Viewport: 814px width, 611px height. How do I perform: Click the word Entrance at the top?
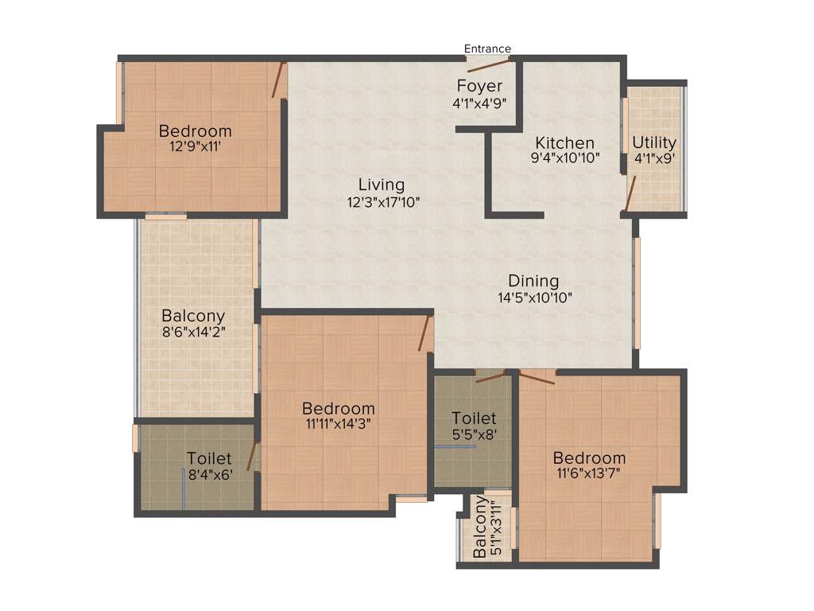(x=487, y=49)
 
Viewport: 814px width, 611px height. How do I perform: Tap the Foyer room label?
(x=479, y=86)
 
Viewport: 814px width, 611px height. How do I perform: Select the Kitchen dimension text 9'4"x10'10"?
(x=565, y=158)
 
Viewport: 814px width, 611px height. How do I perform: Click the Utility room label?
(x=654, y=142)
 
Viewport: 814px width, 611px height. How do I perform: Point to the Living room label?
(x=381, y=185)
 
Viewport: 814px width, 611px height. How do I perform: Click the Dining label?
(x=533, y=281)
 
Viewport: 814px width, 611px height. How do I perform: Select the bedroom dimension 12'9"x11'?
(x=195, y=146)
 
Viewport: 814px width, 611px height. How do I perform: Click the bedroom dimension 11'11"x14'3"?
(x=339, y=424)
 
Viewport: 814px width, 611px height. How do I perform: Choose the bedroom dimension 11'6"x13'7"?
(x=589, y=474)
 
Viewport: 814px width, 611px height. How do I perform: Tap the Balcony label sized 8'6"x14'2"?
(x=193, y=316)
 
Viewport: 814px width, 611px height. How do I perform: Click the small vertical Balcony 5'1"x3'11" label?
(x=486, y=528)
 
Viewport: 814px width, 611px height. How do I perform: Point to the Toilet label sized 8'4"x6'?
(x=209, y=458)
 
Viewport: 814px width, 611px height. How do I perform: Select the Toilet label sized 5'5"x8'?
(x=474, y=418)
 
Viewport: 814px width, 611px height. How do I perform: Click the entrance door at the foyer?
(x=489, y=64)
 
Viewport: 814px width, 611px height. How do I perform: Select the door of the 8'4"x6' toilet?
(x=252, y=457)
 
